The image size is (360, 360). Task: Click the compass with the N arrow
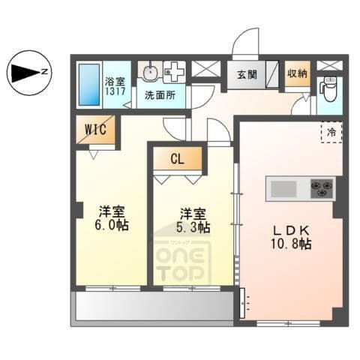[29, 73]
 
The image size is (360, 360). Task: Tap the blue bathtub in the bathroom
[89, 85]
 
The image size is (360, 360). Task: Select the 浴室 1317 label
[115, 86]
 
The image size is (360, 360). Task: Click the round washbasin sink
[151, 71]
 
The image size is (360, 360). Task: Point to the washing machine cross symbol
[175, 71]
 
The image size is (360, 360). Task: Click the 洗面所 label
[160, 95]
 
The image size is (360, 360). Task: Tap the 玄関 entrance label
[247, 74]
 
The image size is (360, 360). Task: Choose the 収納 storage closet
[298, 73]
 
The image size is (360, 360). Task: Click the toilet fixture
[329, 88]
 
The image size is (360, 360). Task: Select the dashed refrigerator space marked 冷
[331, 132]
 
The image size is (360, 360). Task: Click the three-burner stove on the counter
[322, 189]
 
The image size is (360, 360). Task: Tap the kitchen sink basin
[283, 189]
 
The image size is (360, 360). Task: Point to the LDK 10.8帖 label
[291, 237]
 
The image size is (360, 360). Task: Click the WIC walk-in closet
[95, 130]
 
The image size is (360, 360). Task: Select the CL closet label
[178, 158]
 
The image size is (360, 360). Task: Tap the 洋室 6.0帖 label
[112, 218]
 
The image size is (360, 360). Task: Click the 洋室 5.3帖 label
[193, 220]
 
